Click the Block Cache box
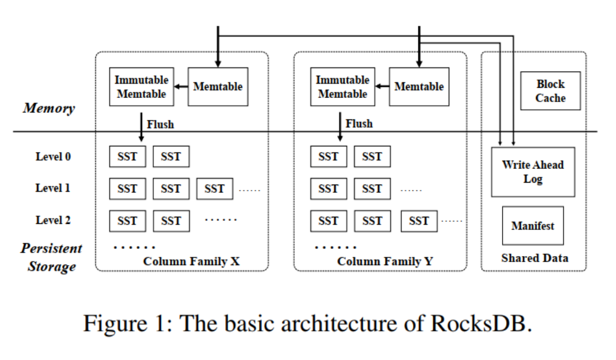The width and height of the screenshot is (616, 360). point(550,91)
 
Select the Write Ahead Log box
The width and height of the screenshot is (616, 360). point(532,172)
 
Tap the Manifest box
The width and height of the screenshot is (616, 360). point(532,226)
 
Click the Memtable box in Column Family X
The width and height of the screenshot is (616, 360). point(217,87)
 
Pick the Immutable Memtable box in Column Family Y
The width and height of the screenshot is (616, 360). point(342,87)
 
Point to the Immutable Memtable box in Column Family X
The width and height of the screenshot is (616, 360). point(141,87)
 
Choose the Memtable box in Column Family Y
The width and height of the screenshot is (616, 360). point(418,87)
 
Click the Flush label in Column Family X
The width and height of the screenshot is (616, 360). point(160,124)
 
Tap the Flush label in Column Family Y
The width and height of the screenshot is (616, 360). point(359,124)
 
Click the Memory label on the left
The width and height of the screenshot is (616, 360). point(49,108)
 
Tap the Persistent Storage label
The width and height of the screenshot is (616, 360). point(51,257)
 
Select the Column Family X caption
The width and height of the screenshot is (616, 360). point(192,261)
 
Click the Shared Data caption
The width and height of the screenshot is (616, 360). point(534,259)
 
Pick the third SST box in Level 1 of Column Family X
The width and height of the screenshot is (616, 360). point(214,189)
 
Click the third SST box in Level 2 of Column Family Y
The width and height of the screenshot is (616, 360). point(419,221)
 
